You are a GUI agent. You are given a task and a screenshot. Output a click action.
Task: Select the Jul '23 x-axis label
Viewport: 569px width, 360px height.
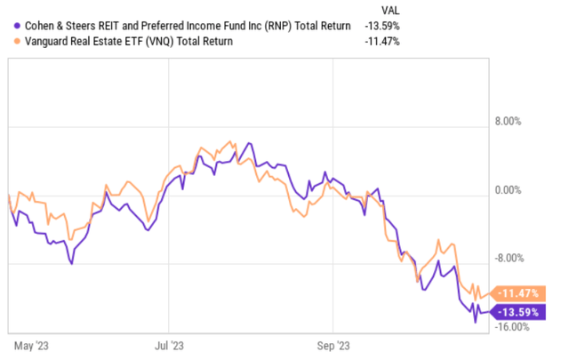pos(169,342)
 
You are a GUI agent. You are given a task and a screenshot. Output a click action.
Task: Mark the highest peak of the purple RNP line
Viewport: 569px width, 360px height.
pos(250,143)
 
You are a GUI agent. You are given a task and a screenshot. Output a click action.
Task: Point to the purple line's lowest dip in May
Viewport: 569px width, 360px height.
pos(71,263)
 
